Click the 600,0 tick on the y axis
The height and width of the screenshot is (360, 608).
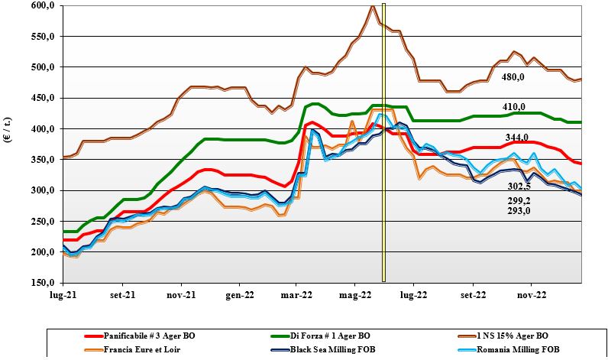coord(43,5)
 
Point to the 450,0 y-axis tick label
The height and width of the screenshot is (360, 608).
coord(43,98)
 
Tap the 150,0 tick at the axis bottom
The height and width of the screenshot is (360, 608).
coord(43,283)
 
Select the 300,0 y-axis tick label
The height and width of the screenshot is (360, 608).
coord(43,190)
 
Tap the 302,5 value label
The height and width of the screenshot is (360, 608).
coord(519,185)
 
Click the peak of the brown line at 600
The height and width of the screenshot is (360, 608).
coord(372,6)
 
